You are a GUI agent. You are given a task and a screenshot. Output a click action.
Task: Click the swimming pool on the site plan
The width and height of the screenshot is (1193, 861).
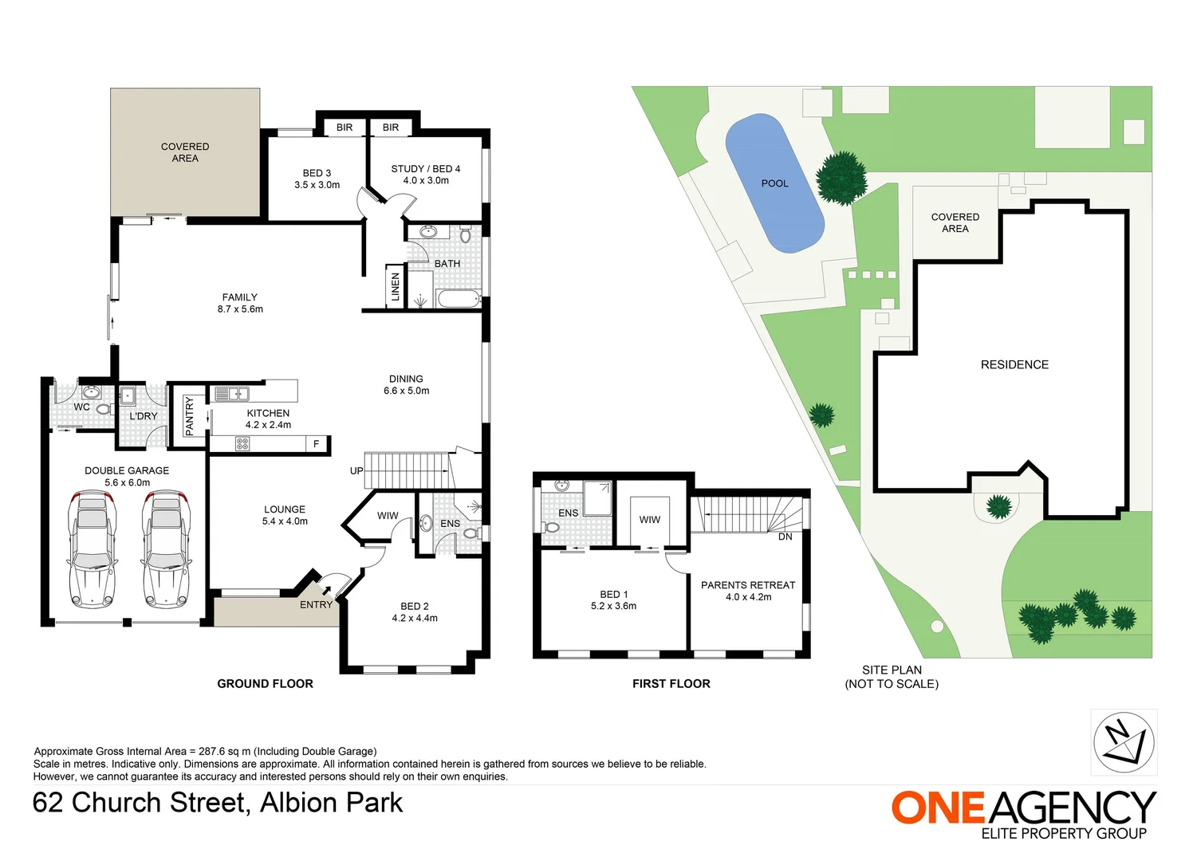(774, 183)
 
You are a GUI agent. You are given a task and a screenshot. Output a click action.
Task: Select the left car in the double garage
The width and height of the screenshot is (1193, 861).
(92, 550)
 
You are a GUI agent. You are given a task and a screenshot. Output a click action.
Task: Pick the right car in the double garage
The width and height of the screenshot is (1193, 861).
(166, 550)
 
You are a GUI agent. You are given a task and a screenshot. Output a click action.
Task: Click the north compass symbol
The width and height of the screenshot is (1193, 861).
(1124, 742)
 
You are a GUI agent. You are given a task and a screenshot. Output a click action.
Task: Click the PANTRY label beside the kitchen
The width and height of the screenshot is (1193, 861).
(190, 416)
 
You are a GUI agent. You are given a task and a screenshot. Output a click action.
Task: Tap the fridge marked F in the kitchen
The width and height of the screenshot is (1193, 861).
(317, 444)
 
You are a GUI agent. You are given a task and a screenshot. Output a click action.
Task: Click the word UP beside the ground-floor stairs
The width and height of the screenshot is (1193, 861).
(356, 470)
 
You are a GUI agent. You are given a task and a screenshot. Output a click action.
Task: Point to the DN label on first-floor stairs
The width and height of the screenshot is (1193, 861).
(785, 537)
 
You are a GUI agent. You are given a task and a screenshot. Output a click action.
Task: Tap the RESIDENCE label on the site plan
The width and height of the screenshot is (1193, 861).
(1014, 364)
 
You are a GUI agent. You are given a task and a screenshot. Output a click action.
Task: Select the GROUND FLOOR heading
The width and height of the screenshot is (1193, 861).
(266, 683)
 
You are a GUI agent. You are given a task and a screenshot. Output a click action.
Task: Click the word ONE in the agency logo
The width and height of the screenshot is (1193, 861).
(938, 808)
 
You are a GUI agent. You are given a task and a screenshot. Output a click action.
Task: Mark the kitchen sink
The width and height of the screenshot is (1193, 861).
(231, 393)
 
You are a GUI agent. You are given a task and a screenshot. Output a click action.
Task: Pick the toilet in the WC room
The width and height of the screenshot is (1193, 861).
(103, 410)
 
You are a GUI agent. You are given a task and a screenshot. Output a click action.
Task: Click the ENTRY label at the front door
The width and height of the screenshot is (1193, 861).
(316, 605)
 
